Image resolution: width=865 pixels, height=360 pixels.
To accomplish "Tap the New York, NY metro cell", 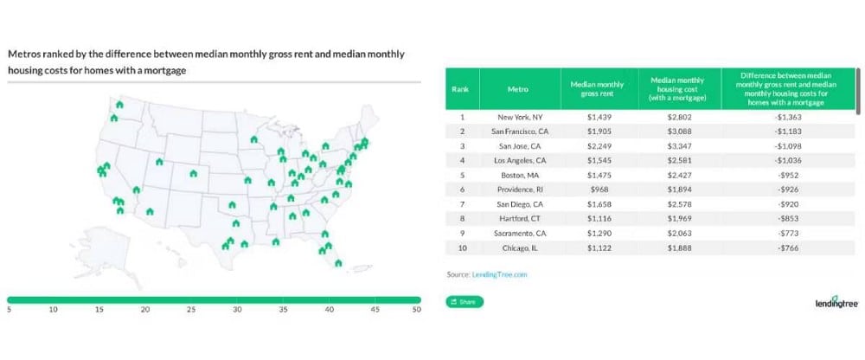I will click(x=519, y=116).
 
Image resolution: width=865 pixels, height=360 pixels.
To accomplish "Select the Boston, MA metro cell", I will click(x=519, y=174).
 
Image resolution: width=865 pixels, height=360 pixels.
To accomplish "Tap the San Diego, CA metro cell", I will click(x=519, y=203).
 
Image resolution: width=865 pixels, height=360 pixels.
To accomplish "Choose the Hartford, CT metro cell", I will click(x=519, y=218).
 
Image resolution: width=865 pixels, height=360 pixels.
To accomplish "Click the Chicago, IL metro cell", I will click(x=519, y=247).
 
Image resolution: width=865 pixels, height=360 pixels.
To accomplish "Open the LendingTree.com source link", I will click(x=498, y=273).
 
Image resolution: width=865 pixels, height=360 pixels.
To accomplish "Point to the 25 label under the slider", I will click(x=191, y=309).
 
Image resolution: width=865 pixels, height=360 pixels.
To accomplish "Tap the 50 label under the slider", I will click(x=416, y=309).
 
